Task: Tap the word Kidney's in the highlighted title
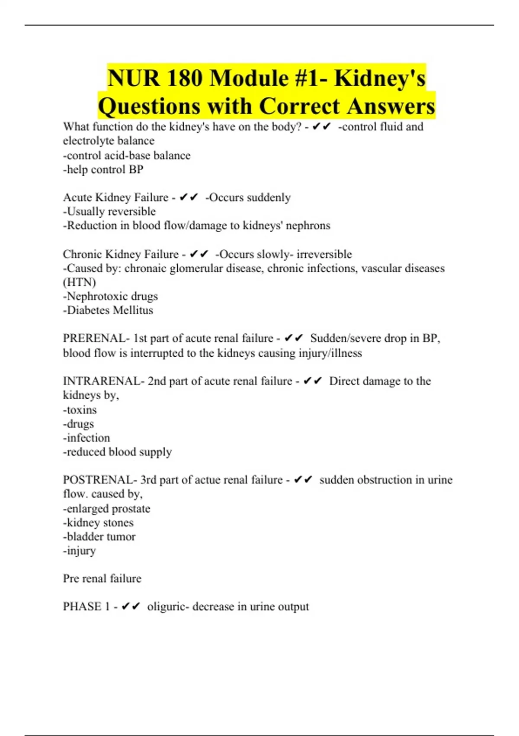[380, 78]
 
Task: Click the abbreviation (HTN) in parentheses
[80, 282]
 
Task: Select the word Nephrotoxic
[95, 297]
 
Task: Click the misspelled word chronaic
[145, 268]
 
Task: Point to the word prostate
[130, 509]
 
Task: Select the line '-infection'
[86, 438]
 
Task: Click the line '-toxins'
[80, 410]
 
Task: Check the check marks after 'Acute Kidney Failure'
[189, 197]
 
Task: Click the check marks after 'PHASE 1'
[131, 607]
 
